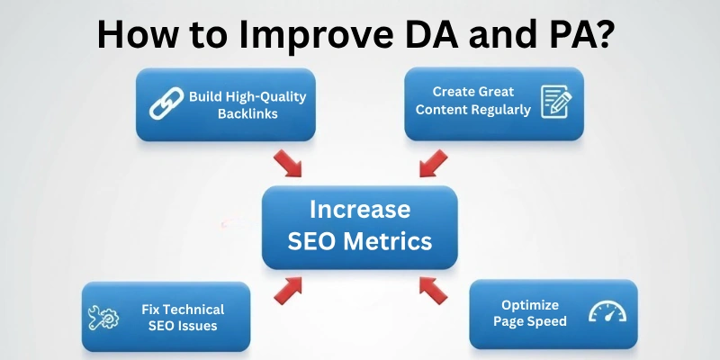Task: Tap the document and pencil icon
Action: pyautogui.click(x=555, y=102)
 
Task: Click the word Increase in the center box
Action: pyautogui.click(x=359, y=209)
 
